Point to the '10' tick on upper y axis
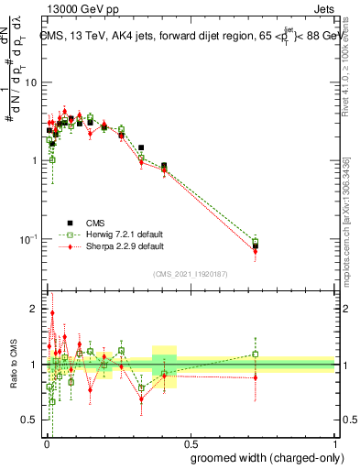click(x=29, y=82)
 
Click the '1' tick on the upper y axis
click(x=33, y=161)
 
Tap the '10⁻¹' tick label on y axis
click(x=27, y=239)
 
